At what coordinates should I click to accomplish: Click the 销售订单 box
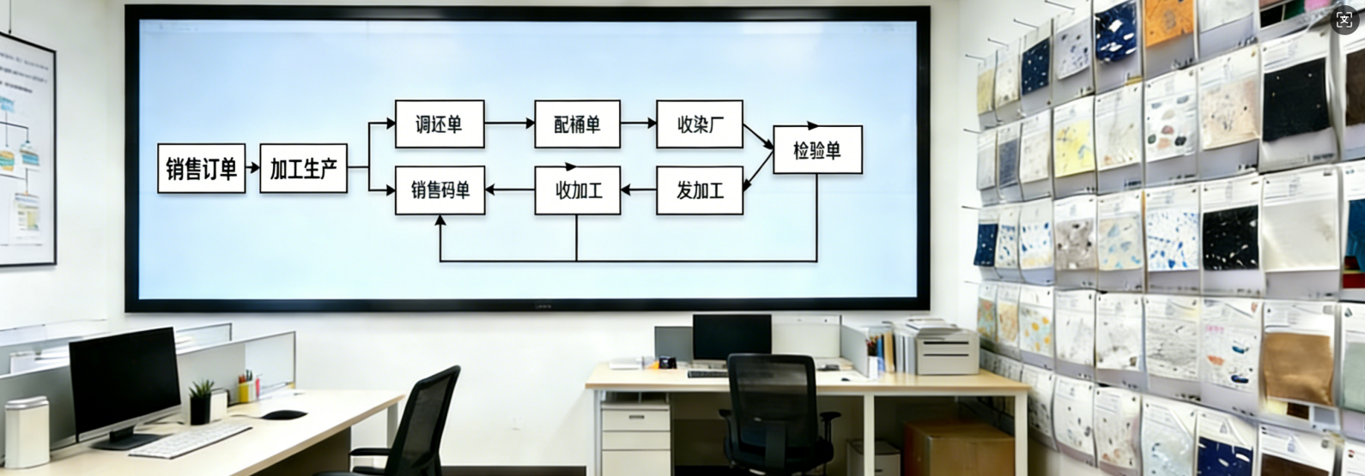point(201,168)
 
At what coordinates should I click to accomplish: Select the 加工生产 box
point(303,168)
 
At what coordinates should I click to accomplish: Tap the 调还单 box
point(439,124)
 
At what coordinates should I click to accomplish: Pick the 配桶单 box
point(577,124)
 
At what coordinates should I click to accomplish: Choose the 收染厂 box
point(699,124)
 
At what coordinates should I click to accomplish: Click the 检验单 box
point(816,150)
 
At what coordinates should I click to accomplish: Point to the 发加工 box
point(699,190)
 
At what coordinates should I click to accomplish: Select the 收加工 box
point(577,190)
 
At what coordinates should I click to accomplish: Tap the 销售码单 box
point(440,190)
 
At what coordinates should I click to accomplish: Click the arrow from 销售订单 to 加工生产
point(252,168)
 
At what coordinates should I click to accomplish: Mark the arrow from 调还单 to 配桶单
point(509,124)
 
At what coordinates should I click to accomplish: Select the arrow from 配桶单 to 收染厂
point(638,124)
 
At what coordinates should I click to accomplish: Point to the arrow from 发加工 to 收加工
point(638,190)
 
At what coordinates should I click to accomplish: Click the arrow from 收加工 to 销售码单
point(509,190)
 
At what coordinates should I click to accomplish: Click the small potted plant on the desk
point(202,401)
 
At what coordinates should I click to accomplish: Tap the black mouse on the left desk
point(284,414)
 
